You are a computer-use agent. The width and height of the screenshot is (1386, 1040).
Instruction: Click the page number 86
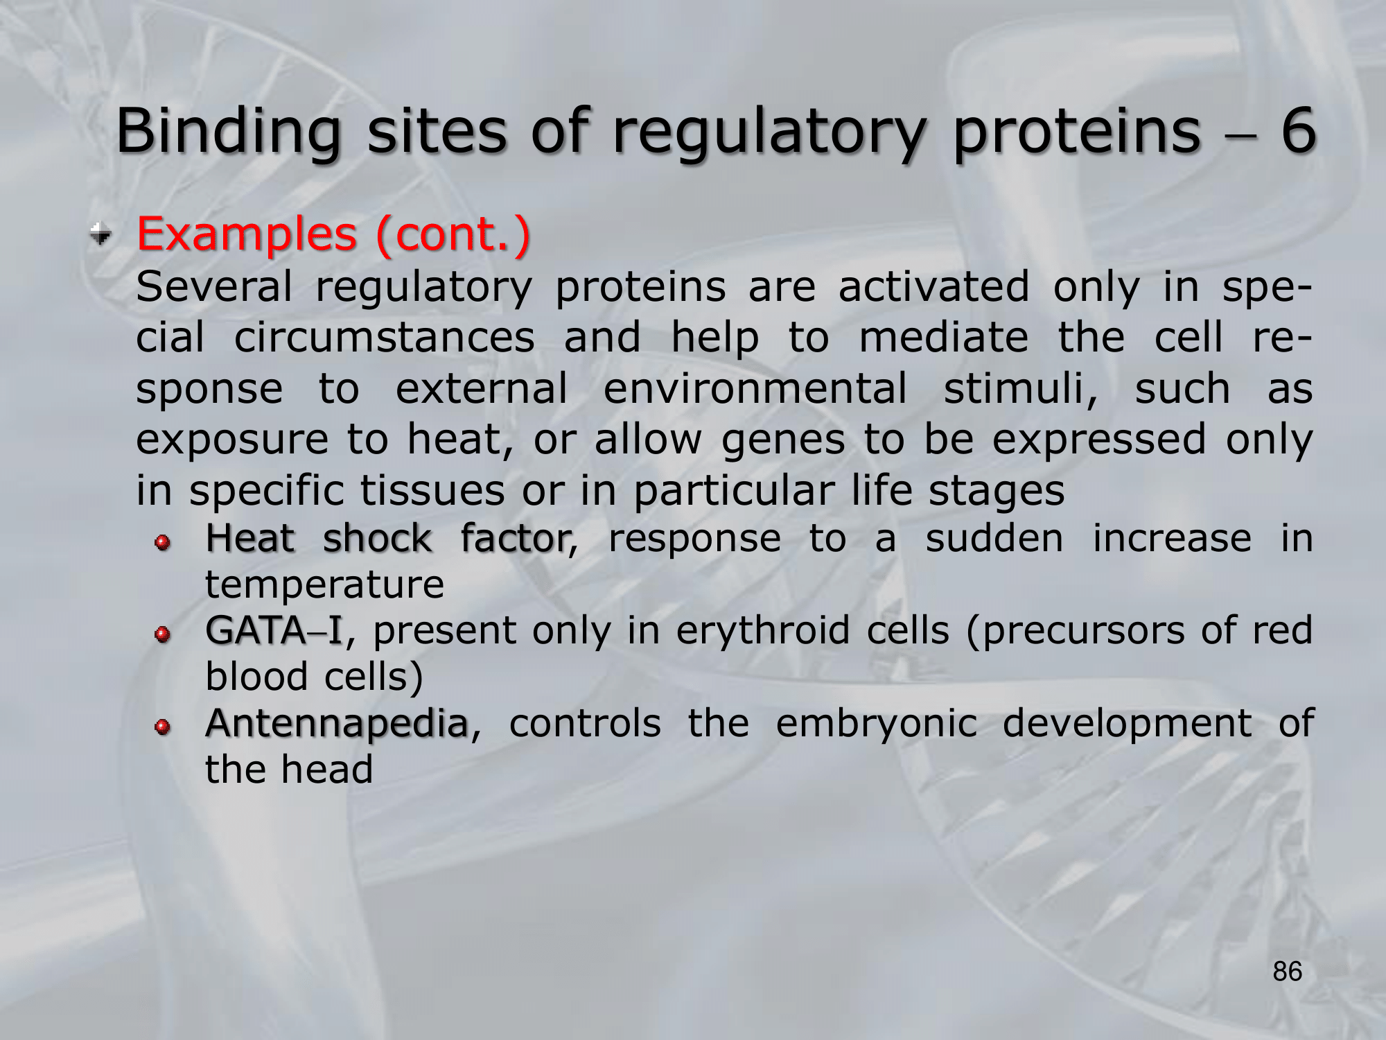(1288, 971)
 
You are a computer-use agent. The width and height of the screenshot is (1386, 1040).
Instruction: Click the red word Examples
(247, 234)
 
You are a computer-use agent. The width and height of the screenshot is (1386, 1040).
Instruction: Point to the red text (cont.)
(453, 234)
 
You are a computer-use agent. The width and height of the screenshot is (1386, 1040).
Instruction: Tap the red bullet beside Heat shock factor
(162, 542)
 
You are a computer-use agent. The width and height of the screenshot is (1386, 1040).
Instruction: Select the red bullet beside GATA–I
(162, 634)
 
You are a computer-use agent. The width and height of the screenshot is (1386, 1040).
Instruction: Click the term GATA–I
(274, 630)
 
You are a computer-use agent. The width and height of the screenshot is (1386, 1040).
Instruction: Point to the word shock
(378, 538)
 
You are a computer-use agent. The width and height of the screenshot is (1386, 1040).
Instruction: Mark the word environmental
(755, 388)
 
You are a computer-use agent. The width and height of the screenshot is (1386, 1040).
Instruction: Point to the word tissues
(432, 491)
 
